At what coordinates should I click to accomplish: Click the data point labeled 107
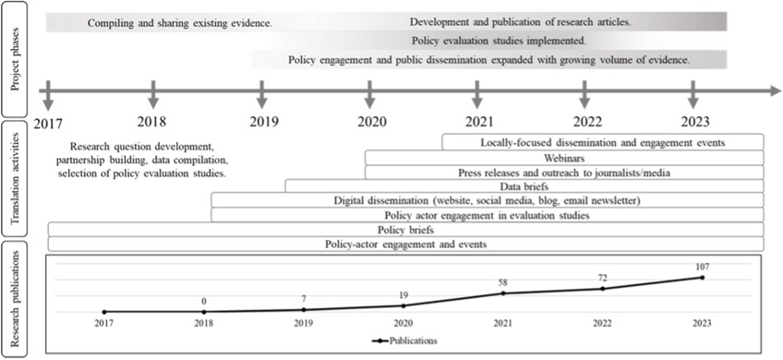(x=702, y=277)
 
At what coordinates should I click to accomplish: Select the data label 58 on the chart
(x=503, y=282)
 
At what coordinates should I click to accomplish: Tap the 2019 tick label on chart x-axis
(x=303, y=323)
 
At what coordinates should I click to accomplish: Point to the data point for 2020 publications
(x=403, y=306)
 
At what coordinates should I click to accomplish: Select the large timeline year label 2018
(x=152, y=122)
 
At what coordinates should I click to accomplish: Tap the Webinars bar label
(x=564, y=158)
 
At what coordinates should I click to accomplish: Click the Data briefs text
(x=524, y=186)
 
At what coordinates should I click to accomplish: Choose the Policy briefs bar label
(x=405, y=230)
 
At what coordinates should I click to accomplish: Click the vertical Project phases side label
(x=15, y=59)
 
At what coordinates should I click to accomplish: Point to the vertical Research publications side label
(x=15, y=299)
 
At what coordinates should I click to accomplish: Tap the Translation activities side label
(x=15, y=178)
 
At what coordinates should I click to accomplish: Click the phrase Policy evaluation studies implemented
(x=498, y=41)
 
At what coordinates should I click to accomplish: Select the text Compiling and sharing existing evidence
(x=180, y=23)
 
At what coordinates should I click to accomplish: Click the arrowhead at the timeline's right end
(x=776, y=91)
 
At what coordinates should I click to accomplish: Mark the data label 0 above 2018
(x=204, y=301)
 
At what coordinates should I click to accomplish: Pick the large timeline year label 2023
(x=695, y=122)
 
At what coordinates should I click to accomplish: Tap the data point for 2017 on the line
(x=104, y=312)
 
